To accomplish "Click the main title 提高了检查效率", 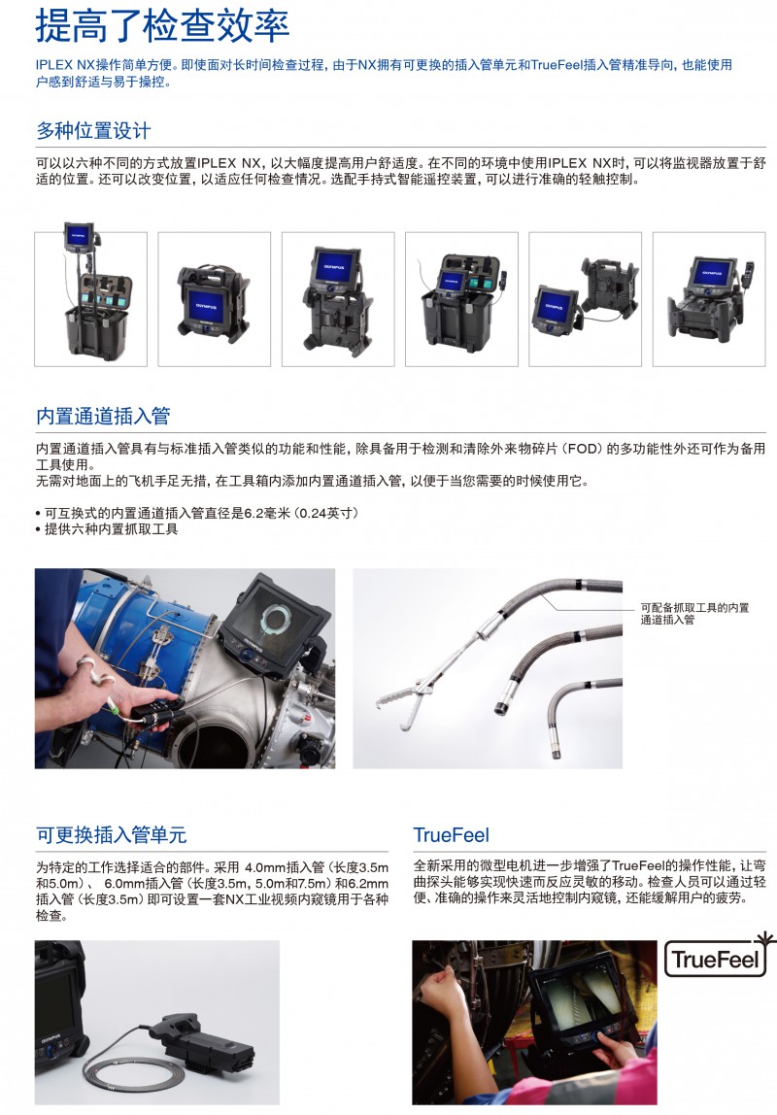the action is point(162,26).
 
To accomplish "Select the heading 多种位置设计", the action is point(93,131).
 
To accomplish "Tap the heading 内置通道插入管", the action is point(103,416).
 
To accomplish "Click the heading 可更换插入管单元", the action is point(112,835).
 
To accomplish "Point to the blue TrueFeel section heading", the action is point(452,835).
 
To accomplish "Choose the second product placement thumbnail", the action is point(214,299).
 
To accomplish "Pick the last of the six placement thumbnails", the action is point(709,299).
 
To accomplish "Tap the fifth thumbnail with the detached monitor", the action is point(585,299).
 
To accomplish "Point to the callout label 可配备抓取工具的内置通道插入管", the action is point(694,614).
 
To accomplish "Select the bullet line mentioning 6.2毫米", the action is point(197,513).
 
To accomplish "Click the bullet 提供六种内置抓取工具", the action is point(107,529).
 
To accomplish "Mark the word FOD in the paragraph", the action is point(583,449).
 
